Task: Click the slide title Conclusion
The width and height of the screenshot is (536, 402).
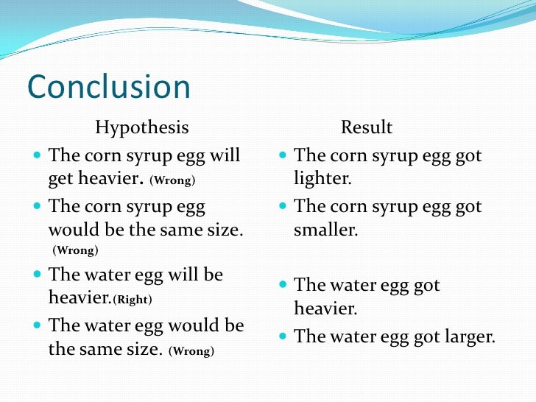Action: (x=109, y=88)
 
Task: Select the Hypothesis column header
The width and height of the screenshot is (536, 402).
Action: (x=141, y=128)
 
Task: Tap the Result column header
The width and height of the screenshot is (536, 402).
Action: (x=366, y=128)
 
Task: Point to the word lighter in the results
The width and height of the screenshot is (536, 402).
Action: (x=322, y=179)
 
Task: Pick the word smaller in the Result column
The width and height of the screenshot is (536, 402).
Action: (x=325, y=230)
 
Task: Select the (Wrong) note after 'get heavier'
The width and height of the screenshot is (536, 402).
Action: (x=172, y=180)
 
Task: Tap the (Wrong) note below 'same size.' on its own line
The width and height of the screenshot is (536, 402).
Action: (x=74, y=251)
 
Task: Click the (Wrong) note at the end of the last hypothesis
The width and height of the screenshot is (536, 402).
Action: (x=191, y=351)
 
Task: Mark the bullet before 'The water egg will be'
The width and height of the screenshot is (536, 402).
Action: (x=38, y=275)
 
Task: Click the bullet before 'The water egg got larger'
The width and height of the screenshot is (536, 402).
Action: (x=283, y=337)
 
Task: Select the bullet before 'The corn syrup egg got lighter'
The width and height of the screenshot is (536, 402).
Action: (x=283, y=156)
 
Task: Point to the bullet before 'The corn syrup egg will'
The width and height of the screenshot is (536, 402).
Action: (x=38, y=156)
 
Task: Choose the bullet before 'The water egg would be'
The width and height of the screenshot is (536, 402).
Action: (x=38, y=325)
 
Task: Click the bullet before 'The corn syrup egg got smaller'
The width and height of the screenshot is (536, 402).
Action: (x=283, y=207)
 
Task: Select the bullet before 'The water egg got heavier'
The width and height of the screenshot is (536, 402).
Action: (x=283, y=286)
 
